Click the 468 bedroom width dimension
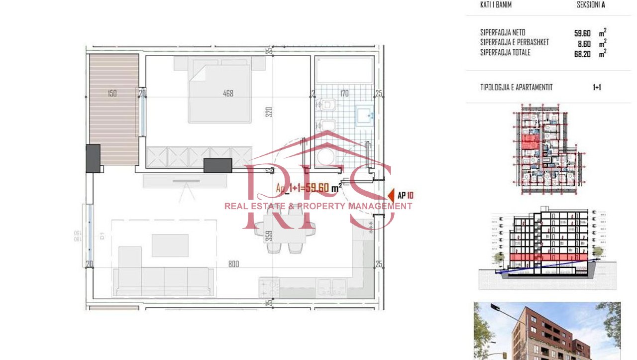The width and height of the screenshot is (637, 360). point(228,93)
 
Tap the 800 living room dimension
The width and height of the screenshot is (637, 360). point(233,264)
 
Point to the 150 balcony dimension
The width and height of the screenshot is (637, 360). point(112,93)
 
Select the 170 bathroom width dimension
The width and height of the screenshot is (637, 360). point(344,93)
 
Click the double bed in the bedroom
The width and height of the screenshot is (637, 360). point(219,92)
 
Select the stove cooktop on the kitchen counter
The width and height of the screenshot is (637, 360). point(269,286)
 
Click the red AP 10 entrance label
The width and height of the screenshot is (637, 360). point(406,196)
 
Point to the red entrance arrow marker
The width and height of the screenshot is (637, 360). point(391,195)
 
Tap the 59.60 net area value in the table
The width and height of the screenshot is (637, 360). point(582,33)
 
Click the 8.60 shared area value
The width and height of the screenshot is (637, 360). point(583,44)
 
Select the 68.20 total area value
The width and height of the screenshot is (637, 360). point(582,54)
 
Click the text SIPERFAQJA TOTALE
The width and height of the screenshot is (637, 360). point(505,52)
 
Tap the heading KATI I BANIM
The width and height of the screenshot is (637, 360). point(496,5)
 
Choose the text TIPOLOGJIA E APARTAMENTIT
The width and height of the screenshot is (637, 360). point(516,87)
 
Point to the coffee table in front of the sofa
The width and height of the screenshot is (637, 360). point(170,245)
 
